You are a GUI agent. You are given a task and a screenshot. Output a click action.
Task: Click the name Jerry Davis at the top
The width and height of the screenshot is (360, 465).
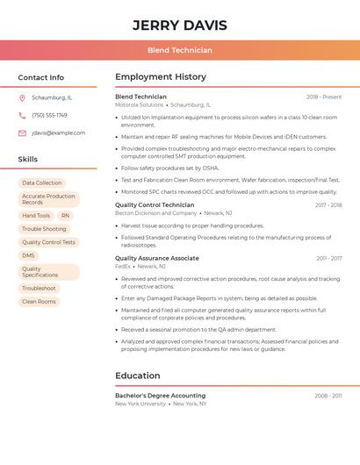(179, 25)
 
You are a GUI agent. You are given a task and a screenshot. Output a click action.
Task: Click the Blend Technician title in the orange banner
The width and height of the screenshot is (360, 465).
(179, 50)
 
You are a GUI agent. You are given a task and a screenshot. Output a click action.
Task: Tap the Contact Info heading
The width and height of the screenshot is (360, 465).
(40, 77)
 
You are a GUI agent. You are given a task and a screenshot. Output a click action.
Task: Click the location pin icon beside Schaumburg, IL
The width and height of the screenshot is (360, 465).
(22, 97)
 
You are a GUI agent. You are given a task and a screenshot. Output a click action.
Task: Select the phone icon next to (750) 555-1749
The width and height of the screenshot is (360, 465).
(22, 115)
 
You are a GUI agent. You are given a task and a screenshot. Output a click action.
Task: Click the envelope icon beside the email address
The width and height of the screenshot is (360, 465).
(22, 132)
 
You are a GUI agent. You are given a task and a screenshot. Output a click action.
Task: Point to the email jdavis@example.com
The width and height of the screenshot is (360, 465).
(58, 132)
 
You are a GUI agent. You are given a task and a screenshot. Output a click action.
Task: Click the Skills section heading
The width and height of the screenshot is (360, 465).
(28, 160)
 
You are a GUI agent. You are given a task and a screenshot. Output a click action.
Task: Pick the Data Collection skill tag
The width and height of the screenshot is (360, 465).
(41, 182)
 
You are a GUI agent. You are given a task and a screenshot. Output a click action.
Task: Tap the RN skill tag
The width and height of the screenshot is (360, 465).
(65, 215)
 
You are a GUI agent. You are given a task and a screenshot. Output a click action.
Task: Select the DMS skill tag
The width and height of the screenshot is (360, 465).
(29, 255)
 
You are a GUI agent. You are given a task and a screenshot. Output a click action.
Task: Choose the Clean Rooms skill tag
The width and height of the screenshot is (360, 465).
(39, 302)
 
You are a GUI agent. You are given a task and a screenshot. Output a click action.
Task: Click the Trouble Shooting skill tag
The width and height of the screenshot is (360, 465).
(44, 229)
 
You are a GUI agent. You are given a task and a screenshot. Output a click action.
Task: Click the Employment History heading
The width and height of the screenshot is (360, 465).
(161, 77)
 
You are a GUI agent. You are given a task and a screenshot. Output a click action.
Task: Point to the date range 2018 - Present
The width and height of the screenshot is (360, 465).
(324, 97)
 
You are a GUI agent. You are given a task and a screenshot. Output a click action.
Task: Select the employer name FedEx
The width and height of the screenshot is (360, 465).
(123, 266)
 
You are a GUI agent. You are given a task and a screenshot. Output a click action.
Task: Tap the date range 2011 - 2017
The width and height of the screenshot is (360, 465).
(329, 258)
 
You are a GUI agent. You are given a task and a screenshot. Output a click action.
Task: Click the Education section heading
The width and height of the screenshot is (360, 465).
(138, 376)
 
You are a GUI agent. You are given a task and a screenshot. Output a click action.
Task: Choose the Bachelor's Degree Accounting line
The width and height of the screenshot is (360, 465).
(160, 396)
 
